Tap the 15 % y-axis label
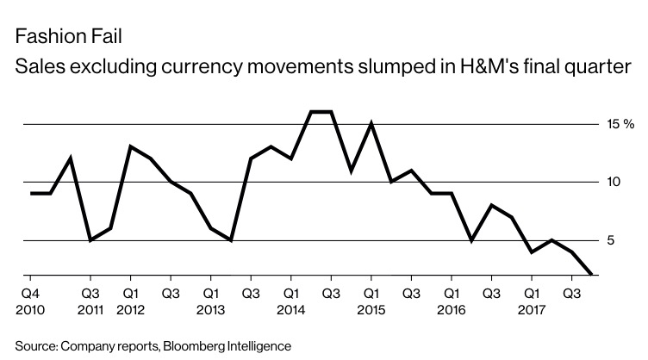tap(620, 124)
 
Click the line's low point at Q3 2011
tap(90, 239)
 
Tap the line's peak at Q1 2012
tap(130, 146)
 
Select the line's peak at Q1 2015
tap(371, 123)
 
